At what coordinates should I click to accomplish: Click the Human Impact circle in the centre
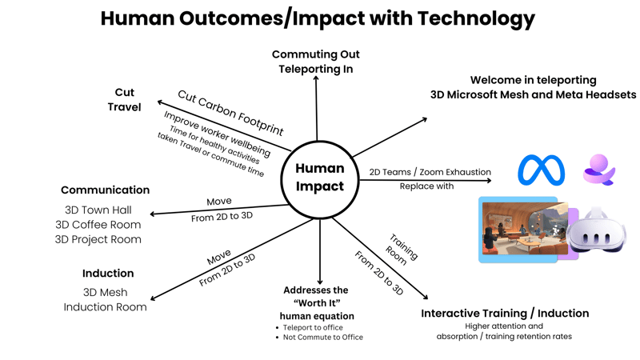pyautogui.click(x=320, y=178)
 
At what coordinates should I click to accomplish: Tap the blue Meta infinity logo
pyautogui.click(x=542, y=170)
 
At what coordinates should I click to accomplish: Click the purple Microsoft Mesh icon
pyautogui.click(x=598, y=170)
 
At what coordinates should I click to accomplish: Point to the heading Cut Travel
pyautogui.click(x=125, y=99)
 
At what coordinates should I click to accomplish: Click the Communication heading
pyautogui.click(x=105, y=190)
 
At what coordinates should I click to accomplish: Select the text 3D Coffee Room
pyautogui.click(x=98, y=225)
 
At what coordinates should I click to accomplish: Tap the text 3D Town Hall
pyautogui.click(x=98, y=210)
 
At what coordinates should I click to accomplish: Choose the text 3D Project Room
pyautogui.click(x=98, y=239)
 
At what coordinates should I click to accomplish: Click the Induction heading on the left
pyautogui.click(x=108, y=274)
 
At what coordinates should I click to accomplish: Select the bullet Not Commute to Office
pyautogui.click(x=323, y=338)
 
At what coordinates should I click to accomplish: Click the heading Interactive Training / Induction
pyautogui.click(x=505, y=313)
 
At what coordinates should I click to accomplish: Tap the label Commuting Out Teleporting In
pyautogui.click(x=316, y=62)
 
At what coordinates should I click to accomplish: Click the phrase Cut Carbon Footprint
pyautogui.click(x=230, y=113)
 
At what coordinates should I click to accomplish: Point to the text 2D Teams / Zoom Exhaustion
pyautogui.click(x=430, y=172)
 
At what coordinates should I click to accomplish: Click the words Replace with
pyautogui.click(x=426, y=186)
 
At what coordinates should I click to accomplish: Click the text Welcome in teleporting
pyautogui.click(x=533, y=80)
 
